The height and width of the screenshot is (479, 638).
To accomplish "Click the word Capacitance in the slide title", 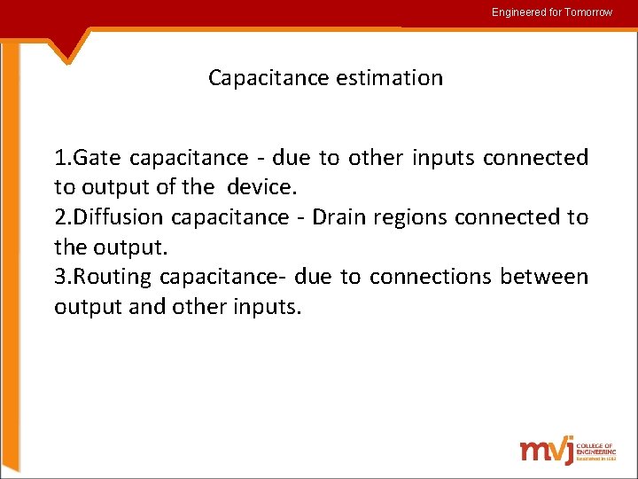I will (268, 78).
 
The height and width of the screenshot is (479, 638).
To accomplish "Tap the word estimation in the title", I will (389, 78).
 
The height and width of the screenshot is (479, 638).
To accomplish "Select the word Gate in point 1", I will (99, 158).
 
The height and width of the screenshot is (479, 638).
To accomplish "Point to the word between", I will (543, 277).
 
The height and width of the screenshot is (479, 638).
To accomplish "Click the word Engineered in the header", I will (519, 12).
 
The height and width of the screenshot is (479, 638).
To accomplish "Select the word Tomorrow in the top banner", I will (588, 12).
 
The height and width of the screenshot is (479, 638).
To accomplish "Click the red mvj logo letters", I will (546, 449).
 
